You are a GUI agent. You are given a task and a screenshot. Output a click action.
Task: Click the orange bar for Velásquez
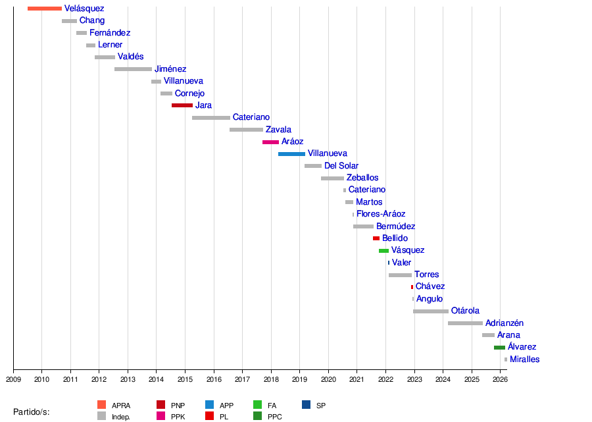(x=45, y=9)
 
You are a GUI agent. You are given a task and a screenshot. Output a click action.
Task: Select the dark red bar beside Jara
(x=182, y=105)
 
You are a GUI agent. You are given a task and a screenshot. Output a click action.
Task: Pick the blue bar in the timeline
(x=291, y=154)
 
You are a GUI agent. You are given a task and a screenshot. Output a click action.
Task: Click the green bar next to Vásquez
(x=383, y=251)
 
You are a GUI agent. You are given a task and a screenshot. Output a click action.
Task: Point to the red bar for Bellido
(x=376, y=238)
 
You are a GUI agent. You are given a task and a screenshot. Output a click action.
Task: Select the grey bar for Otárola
(x=431, y=311)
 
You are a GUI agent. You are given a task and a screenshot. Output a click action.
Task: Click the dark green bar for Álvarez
(x=499, y=348)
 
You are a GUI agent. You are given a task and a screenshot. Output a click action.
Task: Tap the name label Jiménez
(x=170, y=69)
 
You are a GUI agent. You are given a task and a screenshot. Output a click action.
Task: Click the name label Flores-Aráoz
(x=381, y=214)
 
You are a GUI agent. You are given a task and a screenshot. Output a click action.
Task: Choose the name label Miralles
(x=524, y=359)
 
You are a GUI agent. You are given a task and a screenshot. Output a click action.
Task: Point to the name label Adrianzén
(x=504, y=323)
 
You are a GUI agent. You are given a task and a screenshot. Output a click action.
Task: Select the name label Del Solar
(x=341, y=166)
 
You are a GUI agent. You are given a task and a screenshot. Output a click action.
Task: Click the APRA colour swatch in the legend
(x=101, y=405)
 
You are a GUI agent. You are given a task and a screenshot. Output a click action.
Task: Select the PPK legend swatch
(x=161, y=416)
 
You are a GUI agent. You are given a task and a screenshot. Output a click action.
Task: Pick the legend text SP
(x=321, y=406)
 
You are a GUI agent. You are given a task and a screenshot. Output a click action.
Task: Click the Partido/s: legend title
(x=32, y=412)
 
